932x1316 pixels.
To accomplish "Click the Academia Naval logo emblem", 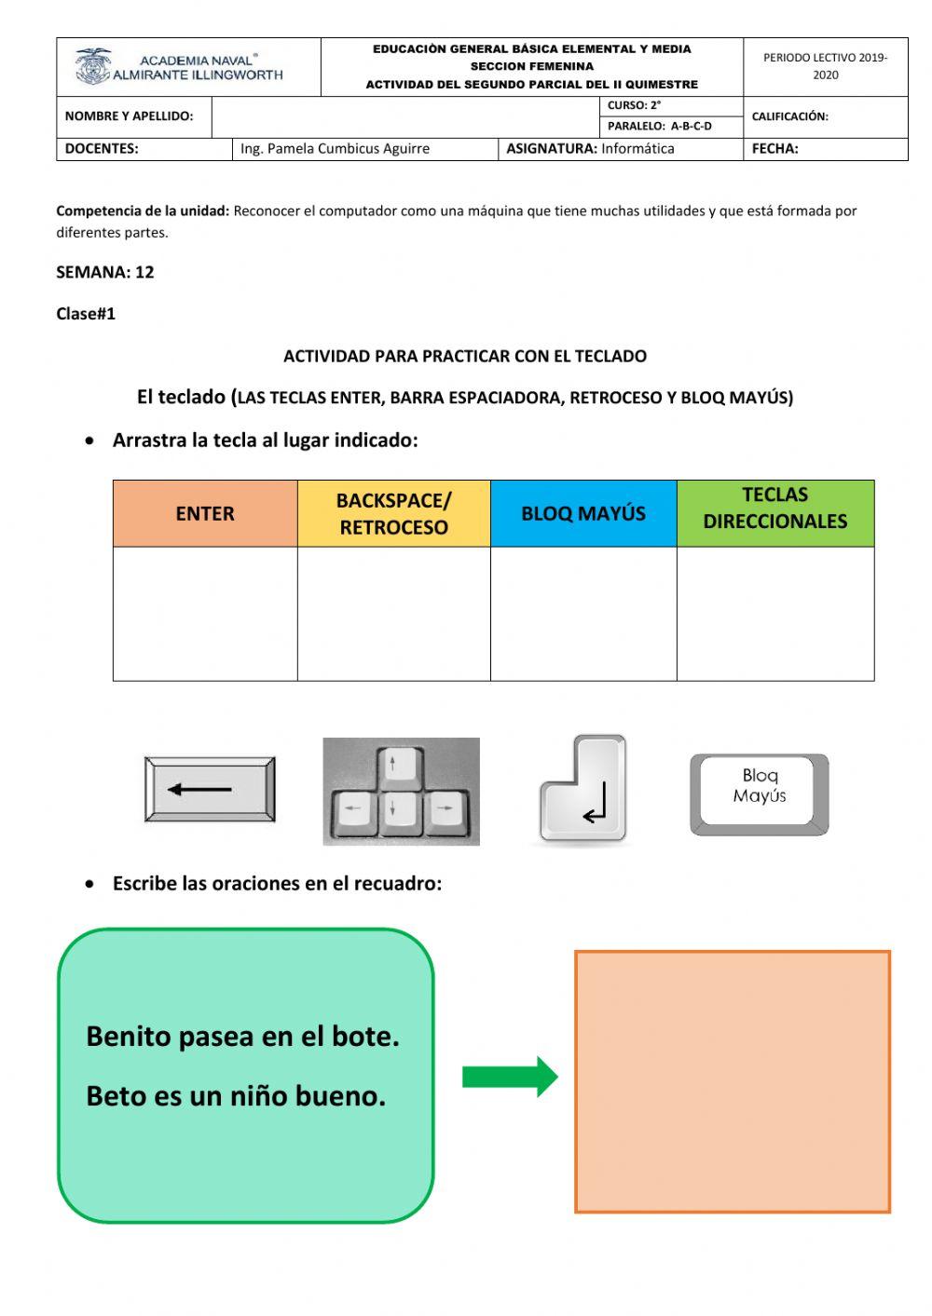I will (x=93, y=67).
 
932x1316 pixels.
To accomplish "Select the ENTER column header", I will (x=205, y=513).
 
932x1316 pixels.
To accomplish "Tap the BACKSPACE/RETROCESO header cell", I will (x=393, y=513).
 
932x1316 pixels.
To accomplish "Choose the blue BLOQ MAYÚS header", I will (x=583, y=513).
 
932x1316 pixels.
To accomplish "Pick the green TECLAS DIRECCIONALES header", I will (x=775, y=509).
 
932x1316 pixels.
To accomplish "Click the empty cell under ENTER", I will (x=205, y=613).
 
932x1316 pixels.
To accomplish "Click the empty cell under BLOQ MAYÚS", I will (x=583, y=613).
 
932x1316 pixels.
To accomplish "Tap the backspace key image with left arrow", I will (x=210, y=790).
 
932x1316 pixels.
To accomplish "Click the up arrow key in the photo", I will (x=392, y=767).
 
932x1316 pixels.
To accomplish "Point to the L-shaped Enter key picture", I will (x=584, y=790).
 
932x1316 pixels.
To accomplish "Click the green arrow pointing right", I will (x=510, y=1077).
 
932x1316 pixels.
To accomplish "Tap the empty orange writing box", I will (x=733, y=1081).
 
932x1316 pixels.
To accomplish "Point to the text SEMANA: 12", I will (x=105, y=272).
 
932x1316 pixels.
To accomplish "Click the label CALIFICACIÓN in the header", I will (x=789, y=116).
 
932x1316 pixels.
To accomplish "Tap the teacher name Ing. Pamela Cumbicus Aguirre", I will (x=335, y=148).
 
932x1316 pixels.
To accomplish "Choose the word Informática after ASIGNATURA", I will (x=637, y=148).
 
